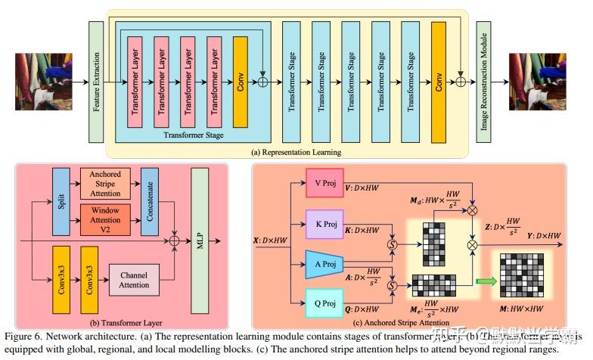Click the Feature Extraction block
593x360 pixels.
coord(95,82)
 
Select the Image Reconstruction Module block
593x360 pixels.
coord(484,82)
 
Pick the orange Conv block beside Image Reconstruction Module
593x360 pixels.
coord(439,82)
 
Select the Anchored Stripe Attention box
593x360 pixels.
coord(105,185)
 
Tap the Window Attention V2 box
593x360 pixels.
coord(105,219)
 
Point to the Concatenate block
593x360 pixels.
coord(149,202)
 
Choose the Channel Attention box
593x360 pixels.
coord(134,281)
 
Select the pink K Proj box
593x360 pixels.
coord(324,225)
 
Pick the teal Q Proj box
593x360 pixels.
coord(324,303)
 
